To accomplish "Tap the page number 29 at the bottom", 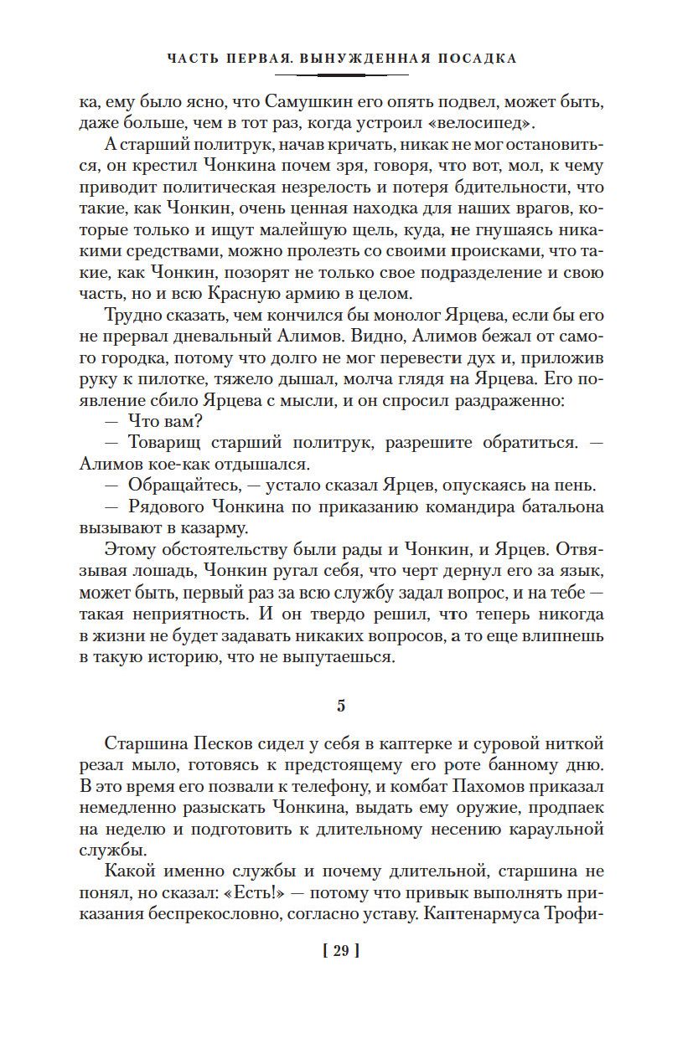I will pyautogui.click(x=340, y=951).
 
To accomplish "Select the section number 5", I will pyautogui.click(x=341, y=706).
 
